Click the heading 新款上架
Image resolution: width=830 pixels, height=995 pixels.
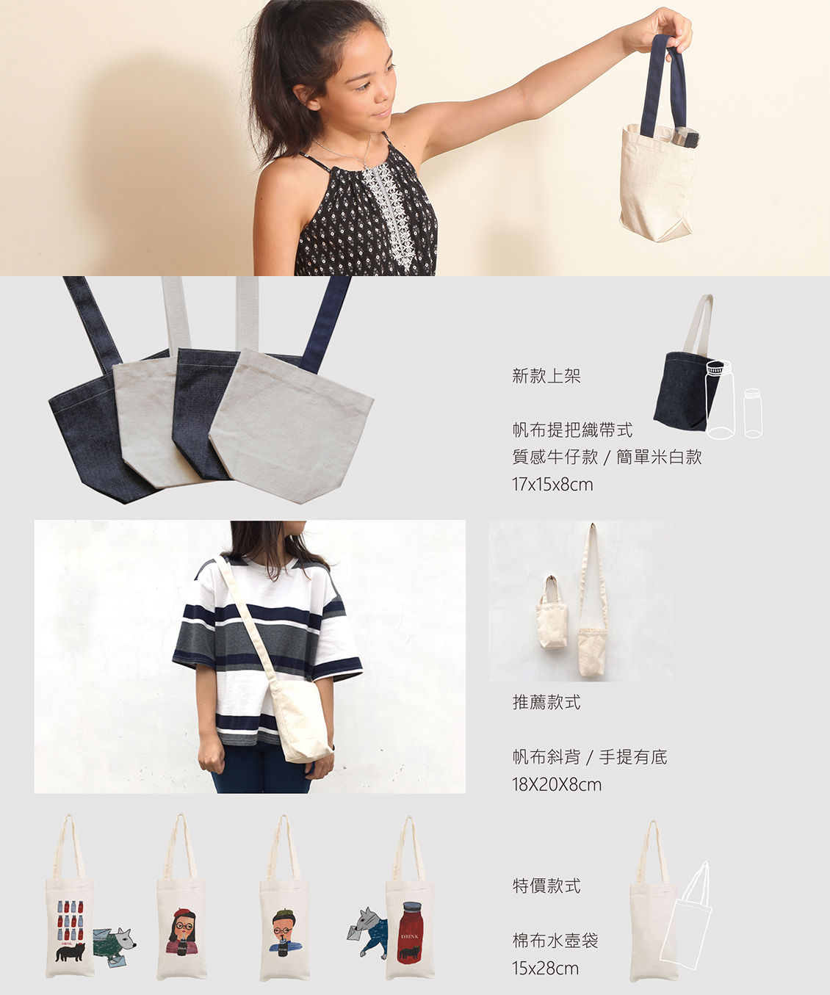point(546,376)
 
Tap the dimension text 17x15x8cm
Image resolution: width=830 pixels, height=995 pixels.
point(552,485)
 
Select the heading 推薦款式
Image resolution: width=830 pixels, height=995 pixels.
point(546,703)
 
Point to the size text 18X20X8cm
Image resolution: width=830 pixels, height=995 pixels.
point(557,784)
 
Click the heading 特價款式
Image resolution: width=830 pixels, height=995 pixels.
point(546,886)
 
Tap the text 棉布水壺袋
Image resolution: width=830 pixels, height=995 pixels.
point(555,941)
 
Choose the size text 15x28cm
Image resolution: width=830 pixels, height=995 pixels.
point(546,969)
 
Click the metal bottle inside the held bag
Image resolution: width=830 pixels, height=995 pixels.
point(685,137)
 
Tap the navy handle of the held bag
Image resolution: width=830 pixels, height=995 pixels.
point(663,85)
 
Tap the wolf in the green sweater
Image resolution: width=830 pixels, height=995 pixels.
point(114,947)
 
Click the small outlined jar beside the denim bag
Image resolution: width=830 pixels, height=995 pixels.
point(753,413)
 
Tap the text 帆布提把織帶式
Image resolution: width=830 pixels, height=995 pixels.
point(572,430)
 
